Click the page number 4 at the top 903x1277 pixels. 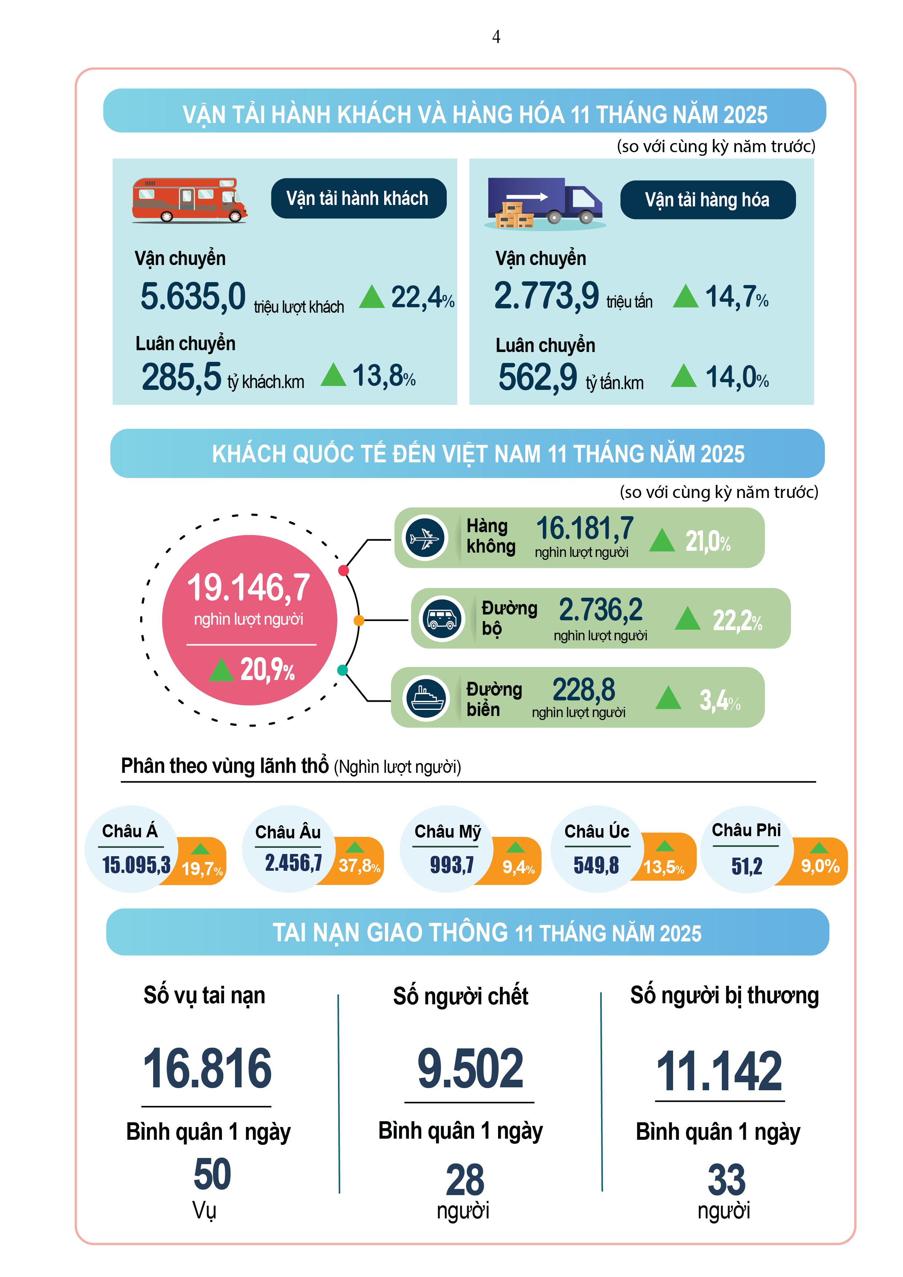[x=496, y=37]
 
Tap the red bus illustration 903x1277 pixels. [x=189, y=200]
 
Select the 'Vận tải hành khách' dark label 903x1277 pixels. [x=358, y=198]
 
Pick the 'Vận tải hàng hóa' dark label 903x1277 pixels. [x=707, y=200]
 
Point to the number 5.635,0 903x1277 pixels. [x=192, y=296]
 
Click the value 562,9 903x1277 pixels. [x=538, y=377]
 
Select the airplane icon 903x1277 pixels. [x=425, y=538]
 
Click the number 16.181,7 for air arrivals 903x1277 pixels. [x=584, y=528]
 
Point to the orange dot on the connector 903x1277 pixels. [x=359, y=620]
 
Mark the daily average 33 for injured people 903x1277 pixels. [x=725, y=1179]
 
